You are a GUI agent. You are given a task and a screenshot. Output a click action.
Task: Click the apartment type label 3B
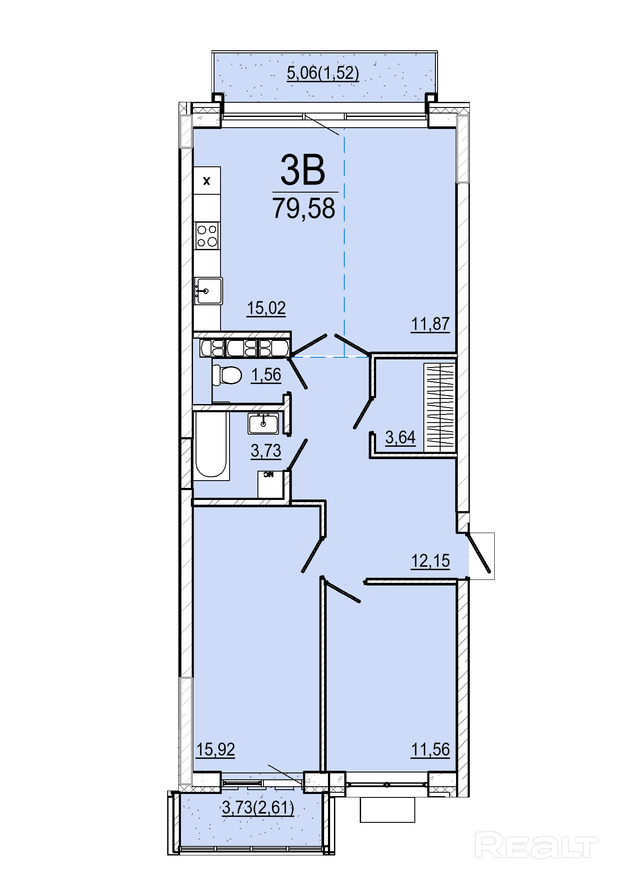coord(303,170)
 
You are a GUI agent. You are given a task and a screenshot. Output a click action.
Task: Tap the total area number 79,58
coord(304,208)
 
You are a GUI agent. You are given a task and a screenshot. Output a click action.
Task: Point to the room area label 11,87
coord(430,324)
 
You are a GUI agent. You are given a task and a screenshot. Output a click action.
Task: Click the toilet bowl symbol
coord(227,375)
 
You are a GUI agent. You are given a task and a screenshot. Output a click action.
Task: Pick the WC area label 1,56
coord(266,375)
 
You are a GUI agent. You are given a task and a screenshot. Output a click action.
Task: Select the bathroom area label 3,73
coord(266,451)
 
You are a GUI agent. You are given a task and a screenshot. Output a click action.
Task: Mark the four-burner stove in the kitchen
coord(207,236)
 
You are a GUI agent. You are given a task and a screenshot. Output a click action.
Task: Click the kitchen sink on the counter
coord(208,291)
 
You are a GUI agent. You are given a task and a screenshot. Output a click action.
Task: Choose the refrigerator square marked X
coord(207,181)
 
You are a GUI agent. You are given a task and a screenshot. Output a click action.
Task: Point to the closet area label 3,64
coord(400,438)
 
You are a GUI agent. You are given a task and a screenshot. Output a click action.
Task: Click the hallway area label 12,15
coord(430,561)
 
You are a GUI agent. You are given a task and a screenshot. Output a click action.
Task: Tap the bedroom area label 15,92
coord(215,749)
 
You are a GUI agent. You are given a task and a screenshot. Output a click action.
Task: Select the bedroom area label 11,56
coord(430,749)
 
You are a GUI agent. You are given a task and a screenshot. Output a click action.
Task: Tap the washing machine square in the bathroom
coord(271,484)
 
